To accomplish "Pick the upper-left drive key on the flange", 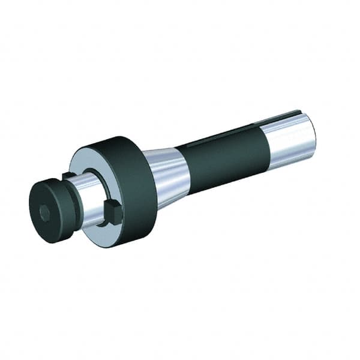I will [x=69, y=176].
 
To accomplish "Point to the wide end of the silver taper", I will [x=154, y=178].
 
